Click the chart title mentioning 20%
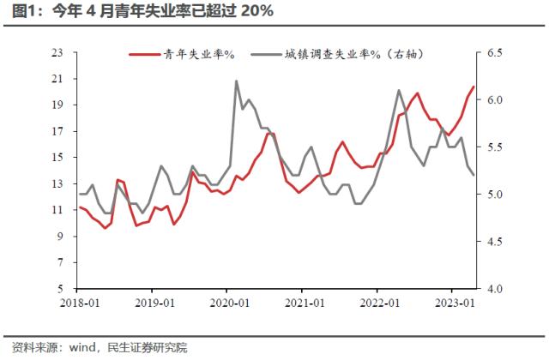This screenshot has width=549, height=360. click(137, 12)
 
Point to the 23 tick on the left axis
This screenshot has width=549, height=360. click(58, 53)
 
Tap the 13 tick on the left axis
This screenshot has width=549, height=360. click(58, 184)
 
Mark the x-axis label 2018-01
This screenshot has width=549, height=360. click(80, 303)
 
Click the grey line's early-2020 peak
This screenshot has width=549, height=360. click(237, 81)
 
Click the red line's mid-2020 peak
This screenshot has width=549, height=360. click(268, 133)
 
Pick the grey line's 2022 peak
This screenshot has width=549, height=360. click(399, 90)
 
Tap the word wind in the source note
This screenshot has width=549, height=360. click(82, 347)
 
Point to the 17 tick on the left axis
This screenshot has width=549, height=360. click(58, 132)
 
